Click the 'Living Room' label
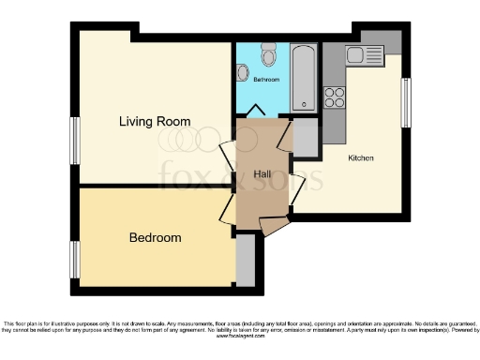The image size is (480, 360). point(154,122)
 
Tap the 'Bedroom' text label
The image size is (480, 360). point(155,238)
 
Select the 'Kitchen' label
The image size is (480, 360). point(360,158)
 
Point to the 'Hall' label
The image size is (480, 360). point(262,174)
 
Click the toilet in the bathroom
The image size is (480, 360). point(270,58)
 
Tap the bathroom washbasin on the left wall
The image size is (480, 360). point(241,72)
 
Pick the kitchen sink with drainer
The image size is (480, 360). point(362,55)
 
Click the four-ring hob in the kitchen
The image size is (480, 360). point(335,97)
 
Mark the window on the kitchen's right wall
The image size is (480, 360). point(406,101)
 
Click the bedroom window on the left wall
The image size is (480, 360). point(74,254)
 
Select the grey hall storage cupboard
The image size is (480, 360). point(306,140)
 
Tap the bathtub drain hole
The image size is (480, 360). point(305,104)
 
